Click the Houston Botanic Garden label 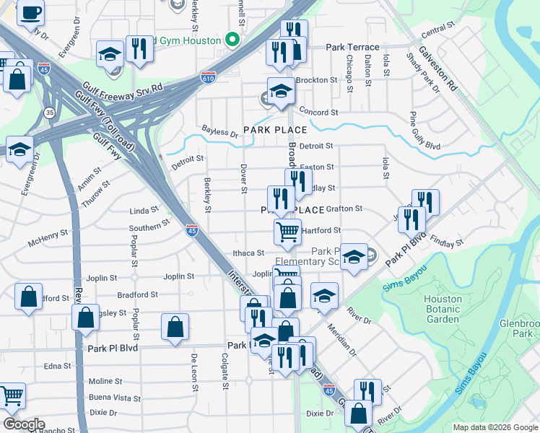coord(443,309)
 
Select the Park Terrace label coord(352,47)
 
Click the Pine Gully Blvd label coord(425,130)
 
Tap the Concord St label coord(318,113)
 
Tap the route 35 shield coord(49,113)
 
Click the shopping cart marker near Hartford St coord(287,232)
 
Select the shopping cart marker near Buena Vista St coord(11,395)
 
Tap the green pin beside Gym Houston coord(232,40)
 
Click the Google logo coord(23,424)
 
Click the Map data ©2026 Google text coord(495,427)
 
